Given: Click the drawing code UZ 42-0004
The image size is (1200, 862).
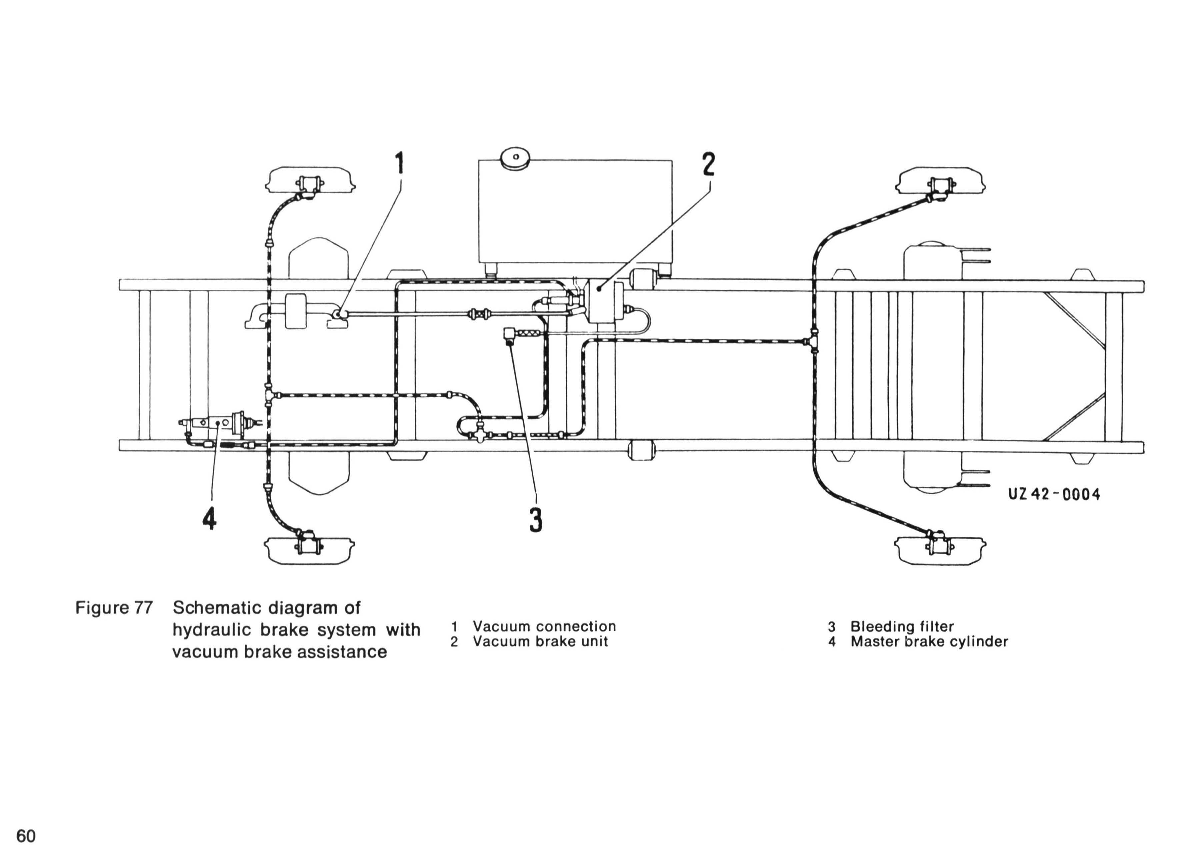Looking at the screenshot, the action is [x=1054, y=494].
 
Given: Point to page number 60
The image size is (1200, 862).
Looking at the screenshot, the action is [x=26, y=836].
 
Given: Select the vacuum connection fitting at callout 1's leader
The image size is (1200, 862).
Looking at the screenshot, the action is [x=339, y=314].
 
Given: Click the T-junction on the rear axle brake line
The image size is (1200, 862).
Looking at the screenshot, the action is [x=814, y=341].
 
